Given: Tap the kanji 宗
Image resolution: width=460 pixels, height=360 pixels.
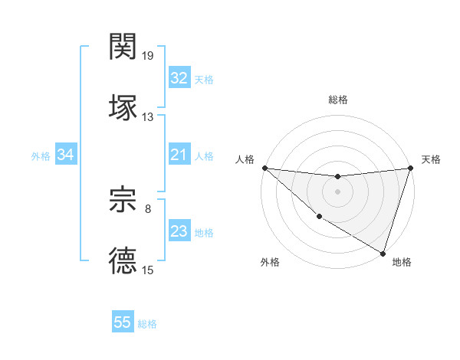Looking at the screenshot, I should click(123, 201).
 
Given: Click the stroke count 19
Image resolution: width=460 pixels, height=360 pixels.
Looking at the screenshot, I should click(148, 56).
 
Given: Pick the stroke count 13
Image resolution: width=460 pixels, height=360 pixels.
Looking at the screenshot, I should click(148, 117).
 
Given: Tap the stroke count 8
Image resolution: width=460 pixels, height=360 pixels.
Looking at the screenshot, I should click(148, 208).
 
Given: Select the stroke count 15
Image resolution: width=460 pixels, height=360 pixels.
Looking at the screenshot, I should click(148, 270).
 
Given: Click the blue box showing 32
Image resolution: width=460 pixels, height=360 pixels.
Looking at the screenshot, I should click(179, 78).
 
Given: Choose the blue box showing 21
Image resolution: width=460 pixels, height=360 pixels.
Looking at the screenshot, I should click(179, 155).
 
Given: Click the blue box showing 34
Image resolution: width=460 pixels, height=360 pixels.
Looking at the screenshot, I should click(65, 155).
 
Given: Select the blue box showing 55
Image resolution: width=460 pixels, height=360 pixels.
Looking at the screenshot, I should click(123, 322).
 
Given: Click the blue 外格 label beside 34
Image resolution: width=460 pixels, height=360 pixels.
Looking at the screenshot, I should click(41, 156).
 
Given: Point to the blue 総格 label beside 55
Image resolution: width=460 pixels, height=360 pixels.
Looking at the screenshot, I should click(147, 324).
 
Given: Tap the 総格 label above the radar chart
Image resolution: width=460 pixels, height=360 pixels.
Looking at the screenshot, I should click(337, 100).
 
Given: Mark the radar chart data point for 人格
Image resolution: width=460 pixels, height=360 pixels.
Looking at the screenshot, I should click(264, 168).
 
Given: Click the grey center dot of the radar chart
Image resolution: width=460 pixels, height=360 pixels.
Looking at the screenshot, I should click(337, 191).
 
